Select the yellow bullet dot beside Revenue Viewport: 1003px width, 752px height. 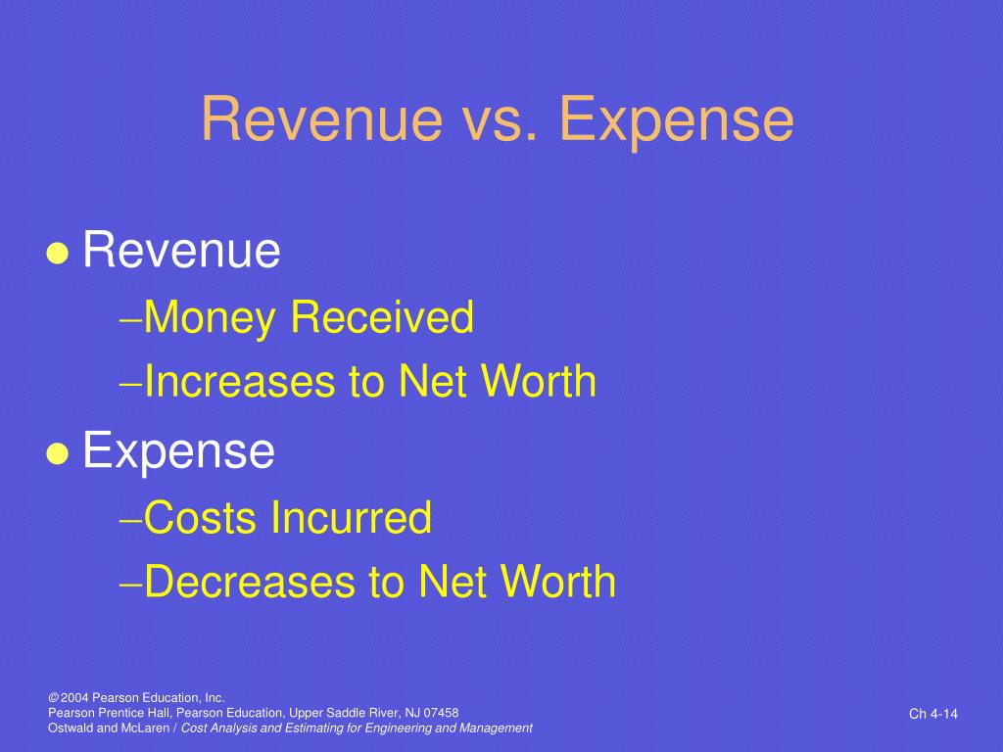(x=58, y=254)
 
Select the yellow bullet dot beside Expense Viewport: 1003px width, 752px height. (x=58, y=454)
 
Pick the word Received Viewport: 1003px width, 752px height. (x=382, y=316)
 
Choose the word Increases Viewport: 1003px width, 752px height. (x=241, y=381)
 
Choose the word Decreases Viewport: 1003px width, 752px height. (x=250, y=582)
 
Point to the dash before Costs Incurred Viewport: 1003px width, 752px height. (x=131, y=520)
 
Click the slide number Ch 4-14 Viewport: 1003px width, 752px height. (x=933, y=714)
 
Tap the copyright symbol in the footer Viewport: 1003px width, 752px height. (x=53, y=697)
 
